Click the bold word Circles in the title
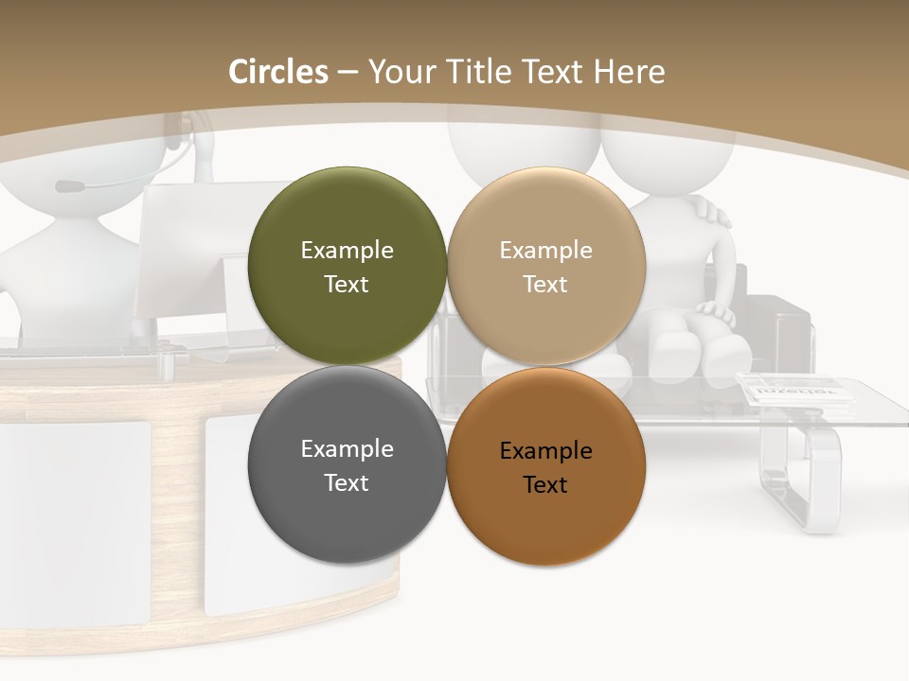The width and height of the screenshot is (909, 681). click(277, 72)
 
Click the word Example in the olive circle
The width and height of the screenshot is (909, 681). click(347, 250)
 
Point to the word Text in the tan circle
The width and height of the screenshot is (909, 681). click(545, 284)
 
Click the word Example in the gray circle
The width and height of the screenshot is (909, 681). click(347, 448)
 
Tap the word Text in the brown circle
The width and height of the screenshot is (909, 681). click(545, 484)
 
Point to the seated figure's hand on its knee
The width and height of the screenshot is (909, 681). click(715, 312)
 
